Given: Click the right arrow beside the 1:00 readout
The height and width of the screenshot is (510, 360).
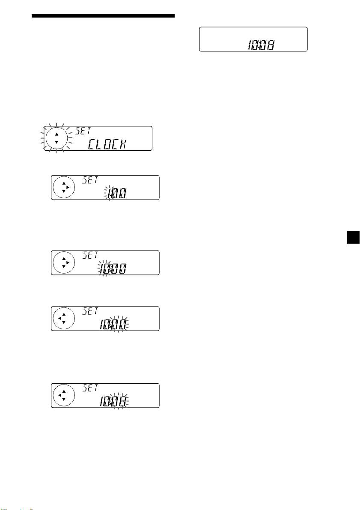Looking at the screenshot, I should coord(68,188).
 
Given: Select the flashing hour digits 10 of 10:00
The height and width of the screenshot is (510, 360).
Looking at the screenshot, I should coord(104,269).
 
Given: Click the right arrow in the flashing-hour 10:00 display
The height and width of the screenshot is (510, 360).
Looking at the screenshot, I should coord(68,262).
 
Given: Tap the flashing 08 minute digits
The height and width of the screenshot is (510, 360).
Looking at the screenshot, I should coord(121,402).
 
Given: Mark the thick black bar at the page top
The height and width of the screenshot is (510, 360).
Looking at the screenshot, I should coord(103,16).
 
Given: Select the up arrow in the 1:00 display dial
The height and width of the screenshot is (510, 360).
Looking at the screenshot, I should coord(63,183).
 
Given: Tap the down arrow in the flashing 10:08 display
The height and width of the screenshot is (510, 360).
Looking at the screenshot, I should coord(63,399).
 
